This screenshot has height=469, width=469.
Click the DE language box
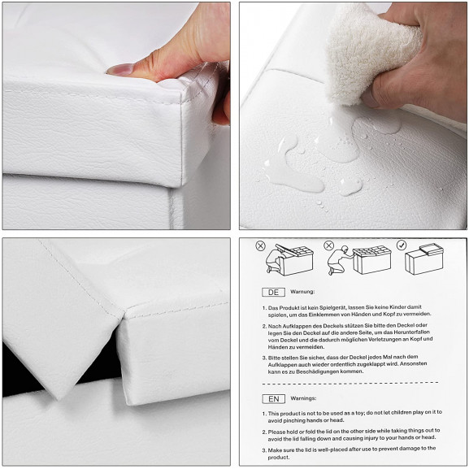pos(273,293)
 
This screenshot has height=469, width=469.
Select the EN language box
pos(274,399)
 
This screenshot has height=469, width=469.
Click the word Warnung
pos(302,292)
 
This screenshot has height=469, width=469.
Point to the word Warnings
pos(303,398)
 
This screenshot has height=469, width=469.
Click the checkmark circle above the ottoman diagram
pos(402,245)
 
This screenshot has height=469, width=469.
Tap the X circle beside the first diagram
pos(261,246)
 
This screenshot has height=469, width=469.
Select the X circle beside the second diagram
pos(328,245)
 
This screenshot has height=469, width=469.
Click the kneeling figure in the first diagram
pos(274,259)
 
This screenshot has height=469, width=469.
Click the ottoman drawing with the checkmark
pos(424,258)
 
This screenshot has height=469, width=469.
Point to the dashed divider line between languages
pos(350,383)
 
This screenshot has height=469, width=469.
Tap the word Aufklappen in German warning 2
pos(293,326)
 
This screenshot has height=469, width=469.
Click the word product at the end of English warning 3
pos(279,458)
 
